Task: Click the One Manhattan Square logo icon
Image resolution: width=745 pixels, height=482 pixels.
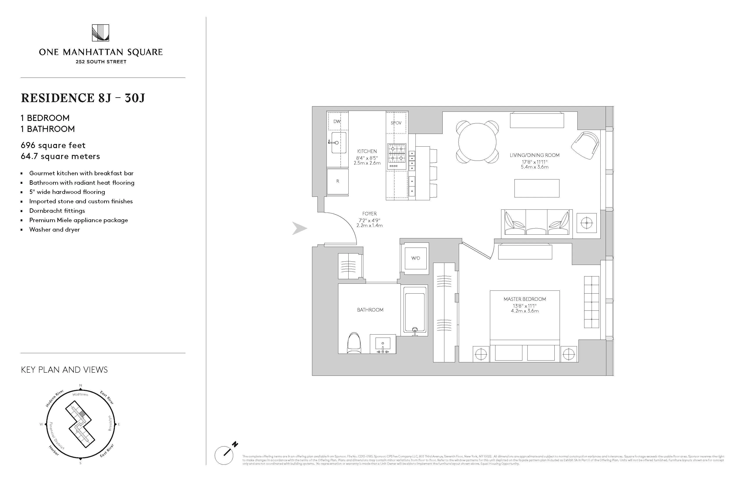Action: (101, 33)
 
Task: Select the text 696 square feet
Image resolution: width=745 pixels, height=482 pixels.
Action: (53, 145)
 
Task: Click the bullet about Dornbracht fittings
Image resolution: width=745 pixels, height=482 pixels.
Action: (57, 211)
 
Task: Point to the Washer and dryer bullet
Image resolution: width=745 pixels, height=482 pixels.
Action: (55, 229)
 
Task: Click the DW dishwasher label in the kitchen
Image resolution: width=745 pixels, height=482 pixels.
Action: (337, 121)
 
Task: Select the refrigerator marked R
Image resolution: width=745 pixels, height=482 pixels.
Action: (337, 181)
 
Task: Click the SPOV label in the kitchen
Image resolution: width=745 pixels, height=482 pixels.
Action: (396, 123)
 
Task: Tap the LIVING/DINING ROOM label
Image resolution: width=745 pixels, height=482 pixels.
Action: (534, 155)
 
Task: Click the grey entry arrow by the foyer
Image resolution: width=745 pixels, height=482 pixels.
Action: (299, 228)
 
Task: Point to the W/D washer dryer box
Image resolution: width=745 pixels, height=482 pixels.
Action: (416, 258)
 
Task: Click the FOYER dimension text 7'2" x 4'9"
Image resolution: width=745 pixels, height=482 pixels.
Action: (369, 220)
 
